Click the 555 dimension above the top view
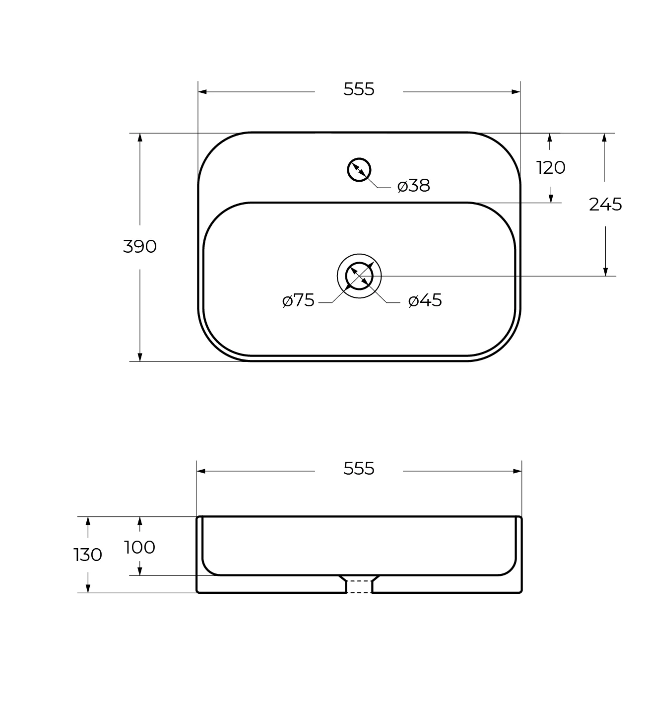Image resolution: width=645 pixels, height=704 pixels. [359, 89]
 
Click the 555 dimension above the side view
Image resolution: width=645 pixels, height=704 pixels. [359, 468]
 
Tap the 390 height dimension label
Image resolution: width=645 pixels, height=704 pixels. [139, 246]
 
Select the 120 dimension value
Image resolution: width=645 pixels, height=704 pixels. [551, 168]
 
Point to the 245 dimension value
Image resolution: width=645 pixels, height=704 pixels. [605, 204]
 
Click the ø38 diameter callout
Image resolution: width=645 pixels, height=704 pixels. [413, 186]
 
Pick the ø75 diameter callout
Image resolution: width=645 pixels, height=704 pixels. [298, 301]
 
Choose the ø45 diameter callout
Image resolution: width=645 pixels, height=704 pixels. [425, 301]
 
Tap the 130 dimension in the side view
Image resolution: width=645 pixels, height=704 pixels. [88, 555]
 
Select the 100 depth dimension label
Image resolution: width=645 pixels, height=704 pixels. [139, 547]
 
